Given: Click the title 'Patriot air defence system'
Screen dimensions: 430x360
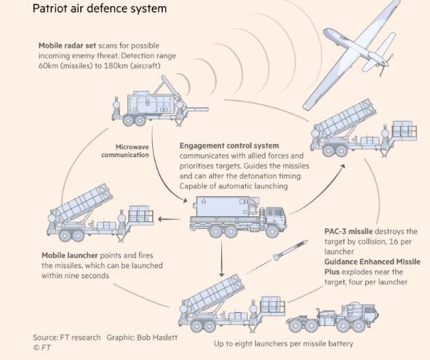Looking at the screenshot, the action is (100, 9).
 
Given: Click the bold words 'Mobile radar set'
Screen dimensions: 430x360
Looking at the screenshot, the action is (67, 46).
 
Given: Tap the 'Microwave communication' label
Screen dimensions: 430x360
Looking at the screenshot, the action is (125, 151).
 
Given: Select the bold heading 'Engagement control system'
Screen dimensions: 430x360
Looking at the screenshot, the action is (229, 145).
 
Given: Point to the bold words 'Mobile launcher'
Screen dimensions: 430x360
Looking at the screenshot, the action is (70, 255).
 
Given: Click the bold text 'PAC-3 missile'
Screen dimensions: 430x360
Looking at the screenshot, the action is (349, 231).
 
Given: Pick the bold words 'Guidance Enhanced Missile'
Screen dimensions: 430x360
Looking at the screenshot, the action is (373, 262).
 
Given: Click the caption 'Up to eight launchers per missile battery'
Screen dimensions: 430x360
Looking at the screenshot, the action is (283, 343).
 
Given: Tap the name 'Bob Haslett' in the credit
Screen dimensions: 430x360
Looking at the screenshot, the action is (157, 337).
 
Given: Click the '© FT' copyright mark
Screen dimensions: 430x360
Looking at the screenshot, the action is (41, 348).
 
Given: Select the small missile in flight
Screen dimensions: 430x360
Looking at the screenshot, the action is (290, 250).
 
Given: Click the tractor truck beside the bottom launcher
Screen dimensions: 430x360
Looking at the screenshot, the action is (333, 318).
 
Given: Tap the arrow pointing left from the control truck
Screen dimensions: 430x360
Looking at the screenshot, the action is (169, 219).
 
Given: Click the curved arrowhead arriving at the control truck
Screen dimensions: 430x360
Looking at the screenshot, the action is (185, 201).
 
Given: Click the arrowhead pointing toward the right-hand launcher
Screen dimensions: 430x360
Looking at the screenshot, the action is (342, 166).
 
